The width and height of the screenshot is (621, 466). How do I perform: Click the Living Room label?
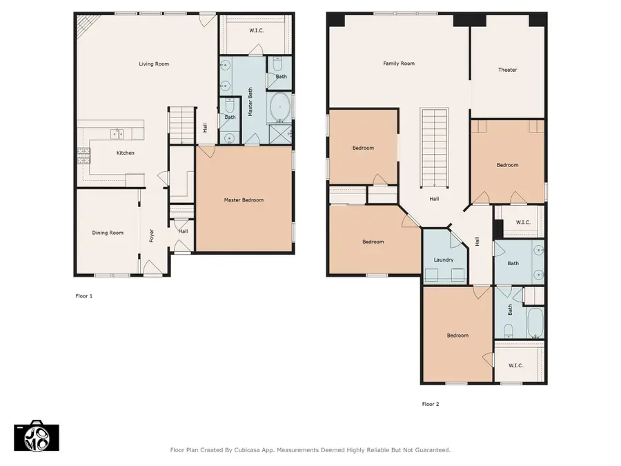coord(154,64)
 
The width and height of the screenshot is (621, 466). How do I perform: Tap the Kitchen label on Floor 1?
coord(125,153)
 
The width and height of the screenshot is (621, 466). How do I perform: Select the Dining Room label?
coord(108,233)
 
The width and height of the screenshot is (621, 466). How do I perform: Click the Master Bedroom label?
coord(244,200)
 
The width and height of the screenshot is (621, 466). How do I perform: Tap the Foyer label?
coord(152,235)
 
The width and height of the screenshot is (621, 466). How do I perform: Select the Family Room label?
coord(399,64)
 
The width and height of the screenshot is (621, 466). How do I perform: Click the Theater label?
coord(507,70)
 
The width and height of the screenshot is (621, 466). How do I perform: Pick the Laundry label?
coord(444,260)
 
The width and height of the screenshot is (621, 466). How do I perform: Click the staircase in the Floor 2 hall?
coord(434,146)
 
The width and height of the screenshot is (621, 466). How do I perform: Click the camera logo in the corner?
coord(36,436)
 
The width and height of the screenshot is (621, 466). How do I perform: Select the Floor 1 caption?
coord(83,295)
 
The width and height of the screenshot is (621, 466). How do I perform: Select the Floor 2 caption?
coord(431,404)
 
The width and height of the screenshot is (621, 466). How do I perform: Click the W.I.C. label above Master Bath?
coord(257,30)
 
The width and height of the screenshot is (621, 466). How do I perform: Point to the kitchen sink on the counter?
coord(118,133)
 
